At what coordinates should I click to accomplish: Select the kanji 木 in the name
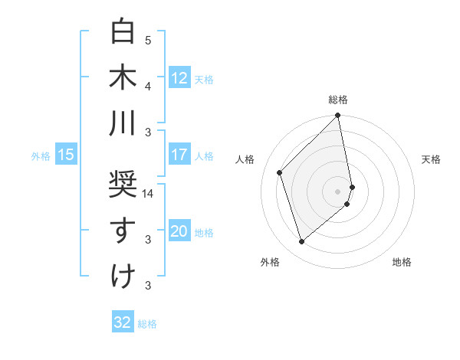point(123,78)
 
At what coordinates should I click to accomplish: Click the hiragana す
point(123,231)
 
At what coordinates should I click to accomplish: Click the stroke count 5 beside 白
point(148,40)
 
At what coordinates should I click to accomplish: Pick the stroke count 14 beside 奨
point(148,194)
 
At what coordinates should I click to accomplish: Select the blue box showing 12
point(179,78)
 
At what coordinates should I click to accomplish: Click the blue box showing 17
point(179,155)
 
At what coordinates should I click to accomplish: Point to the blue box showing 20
point(179,232)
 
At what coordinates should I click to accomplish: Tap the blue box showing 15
point(66,155)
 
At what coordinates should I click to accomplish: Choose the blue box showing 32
point(123,322)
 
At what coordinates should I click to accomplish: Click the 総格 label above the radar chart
point(338,100)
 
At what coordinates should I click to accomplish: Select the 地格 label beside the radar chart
point(402,262)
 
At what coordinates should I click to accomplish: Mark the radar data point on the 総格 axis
point(338,116)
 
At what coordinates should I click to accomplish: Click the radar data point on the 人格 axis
point(280,172)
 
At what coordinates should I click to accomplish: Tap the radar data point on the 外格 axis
point(301,241)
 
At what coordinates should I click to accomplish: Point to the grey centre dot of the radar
point(338,190)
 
